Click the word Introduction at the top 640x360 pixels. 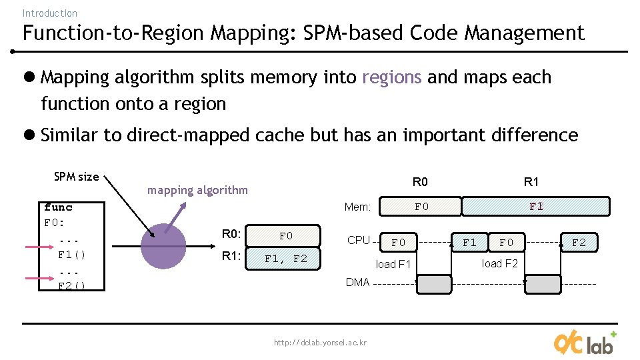49,13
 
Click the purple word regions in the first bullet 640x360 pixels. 391,77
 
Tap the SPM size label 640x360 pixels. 76,177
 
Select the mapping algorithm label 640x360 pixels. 197,190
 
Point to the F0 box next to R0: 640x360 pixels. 285,236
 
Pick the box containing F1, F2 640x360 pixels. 285,259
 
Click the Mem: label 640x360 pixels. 357,207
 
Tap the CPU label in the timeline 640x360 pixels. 359,240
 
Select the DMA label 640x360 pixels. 357,282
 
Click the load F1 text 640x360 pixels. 393,264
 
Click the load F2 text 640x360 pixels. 500,263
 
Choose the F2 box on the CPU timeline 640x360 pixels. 579,243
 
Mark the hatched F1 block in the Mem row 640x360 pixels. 536,207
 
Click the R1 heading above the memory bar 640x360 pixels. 531,182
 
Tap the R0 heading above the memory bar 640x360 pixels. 420,182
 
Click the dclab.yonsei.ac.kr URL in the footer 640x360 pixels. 320,343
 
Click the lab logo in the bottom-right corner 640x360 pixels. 585,343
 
